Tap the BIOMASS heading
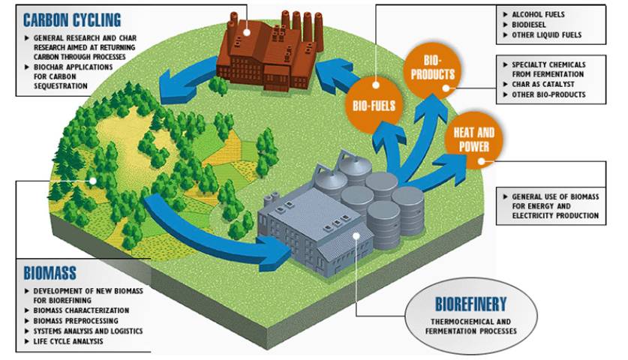tap(50, 271)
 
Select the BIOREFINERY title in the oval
tap(471, 304)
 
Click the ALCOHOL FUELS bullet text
tap(538, 13)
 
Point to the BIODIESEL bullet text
tap(530, 24)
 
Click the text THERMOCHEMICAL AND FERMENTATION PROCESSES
tap(471, 325)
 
